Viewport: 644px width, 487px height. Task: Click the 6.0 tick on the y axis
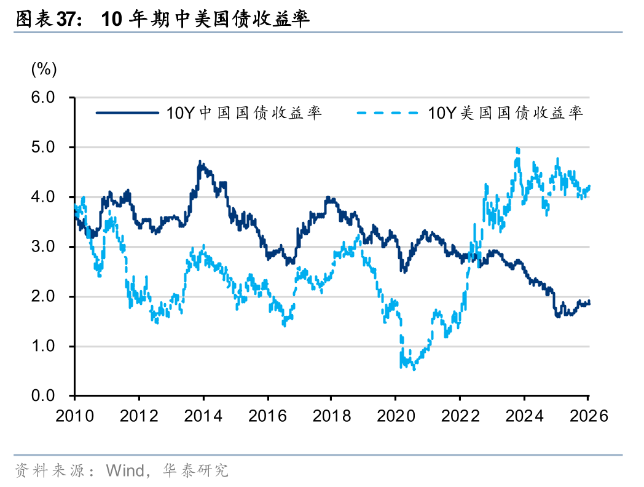tap(44, 98)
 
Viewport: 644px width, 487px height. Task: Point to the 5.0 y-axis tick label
tap(44, 148)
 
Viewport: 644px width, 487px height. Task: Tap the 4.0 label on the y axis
tap(44, 197)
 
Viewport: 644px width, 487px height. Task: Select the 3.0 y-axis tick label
tap(44, 247)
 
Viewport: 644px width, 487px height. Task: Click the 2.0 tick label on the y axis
tap(44, 297)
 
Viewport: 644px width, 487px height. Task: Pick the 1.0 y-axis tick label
tap(44, 347)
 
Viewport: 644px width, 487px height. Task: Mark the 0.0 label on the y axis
tap(44, 396)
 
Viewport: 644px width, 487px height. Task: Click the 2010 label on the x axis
tap(74, 416)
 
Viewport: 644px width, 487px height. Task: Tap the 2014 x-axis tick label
tap(203, 416)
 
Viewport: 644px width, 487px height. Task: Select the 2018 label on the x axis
tap(331, 416)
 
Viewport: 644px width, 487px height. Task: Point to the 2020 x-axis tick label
tap(396, 416)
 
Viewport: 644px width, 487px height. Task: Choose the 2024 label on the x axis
tap(524, 416)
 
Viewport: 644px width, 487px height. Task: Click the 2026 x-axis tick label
tap(587, 416)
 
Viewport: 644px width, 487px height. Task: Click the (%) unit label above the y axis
tap(44, 69)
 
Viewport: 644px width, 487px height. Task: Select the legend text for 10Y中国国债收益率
tap(244, 113)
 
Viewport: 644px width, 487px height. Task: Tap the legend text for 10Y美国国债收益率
tap(505, 113)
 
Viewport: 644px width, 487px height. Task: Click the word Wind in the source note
tap(124, 471)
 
